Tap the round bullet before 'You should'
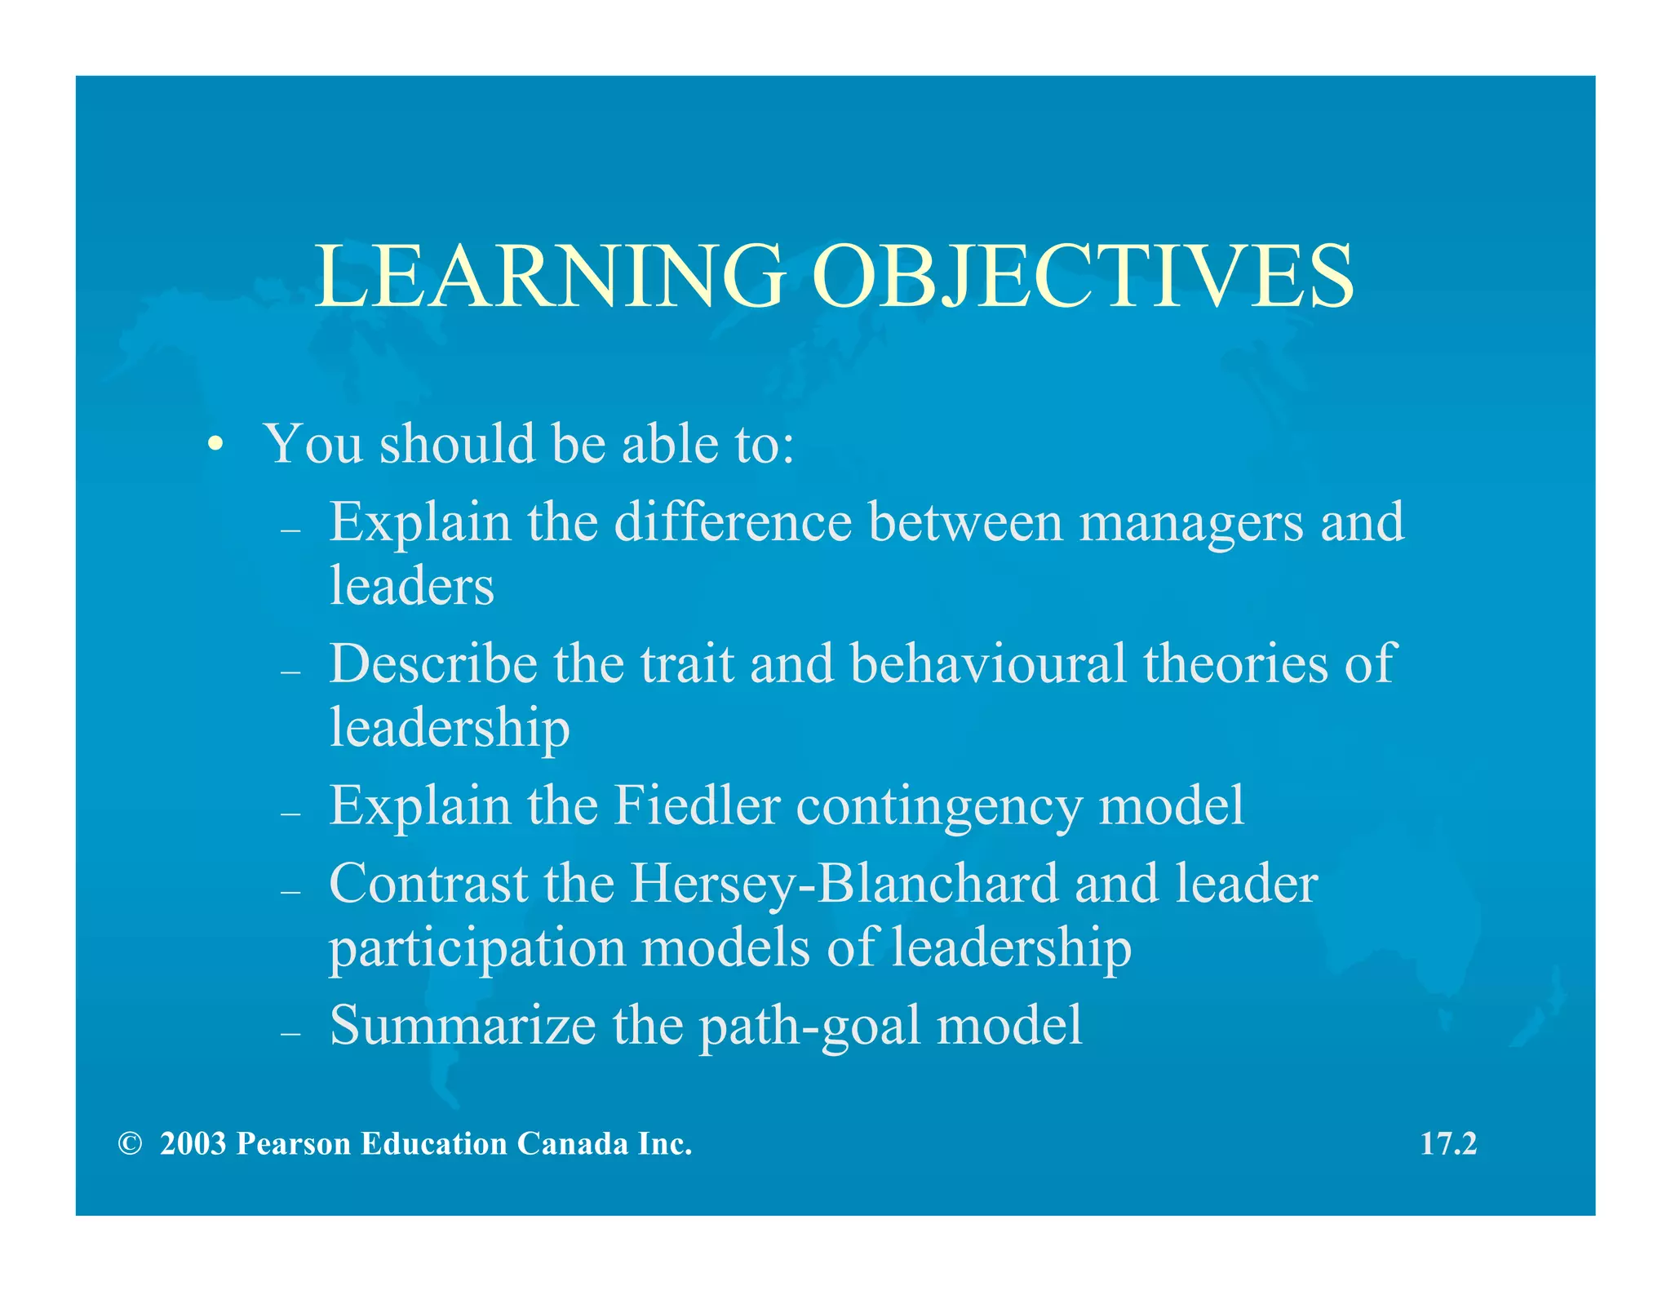(215, 445)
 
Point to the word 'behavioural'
(988, 663)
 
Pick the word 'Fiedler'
(697, 805)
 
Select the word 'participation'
(476, 949)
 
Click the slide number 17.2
(1448, 1143)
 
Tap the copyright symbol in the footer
(129, 1144)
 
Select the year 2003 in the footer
(193, 1144)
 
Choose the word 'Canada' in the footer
(573, 1144)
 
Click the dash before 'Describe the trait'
(290, 672)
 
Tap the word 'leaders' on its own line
(412, 586)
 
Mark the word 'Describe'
(433, 663)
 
